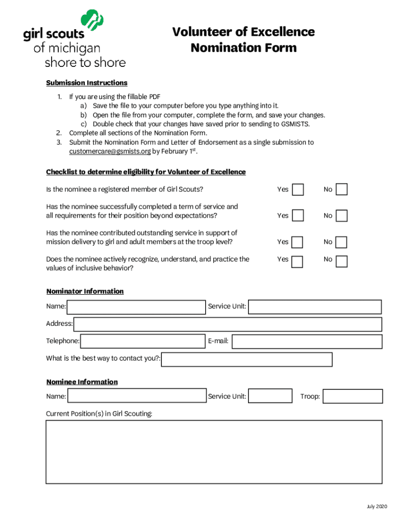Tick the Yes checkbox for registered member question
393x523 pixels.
tap(298, 189)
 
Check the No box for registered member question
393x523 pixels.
tap(342, 189)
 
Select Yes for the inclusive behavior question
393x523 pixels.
tap(298, 261)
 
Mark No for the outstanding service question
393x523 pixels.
tap(342, 242)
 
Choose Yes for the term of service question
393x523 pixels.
tap(298, 216)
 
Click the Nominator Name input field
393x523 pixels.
tap(136, 307)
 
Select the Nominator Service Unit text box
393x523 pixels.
tap(315, 307)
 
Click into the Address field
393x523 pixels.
tap(228, 324)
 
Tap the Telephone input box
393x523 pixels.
tap(143, 341)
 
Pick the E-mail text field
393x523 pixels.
tap(307, 341)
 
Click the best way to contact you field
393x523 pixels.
tap(247, 360)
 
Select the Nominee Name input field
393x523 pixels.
tap(137, 396)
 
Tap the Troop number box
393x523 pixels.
tap(353, 396)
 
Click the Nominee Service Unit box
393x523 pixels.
tap(270, 396)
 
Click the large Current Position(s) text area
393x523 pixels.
tap(214, 451)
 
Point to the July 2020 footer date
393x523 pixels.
tap(376, 506)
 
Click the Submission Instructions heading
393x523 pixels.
tap(87, 83)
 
